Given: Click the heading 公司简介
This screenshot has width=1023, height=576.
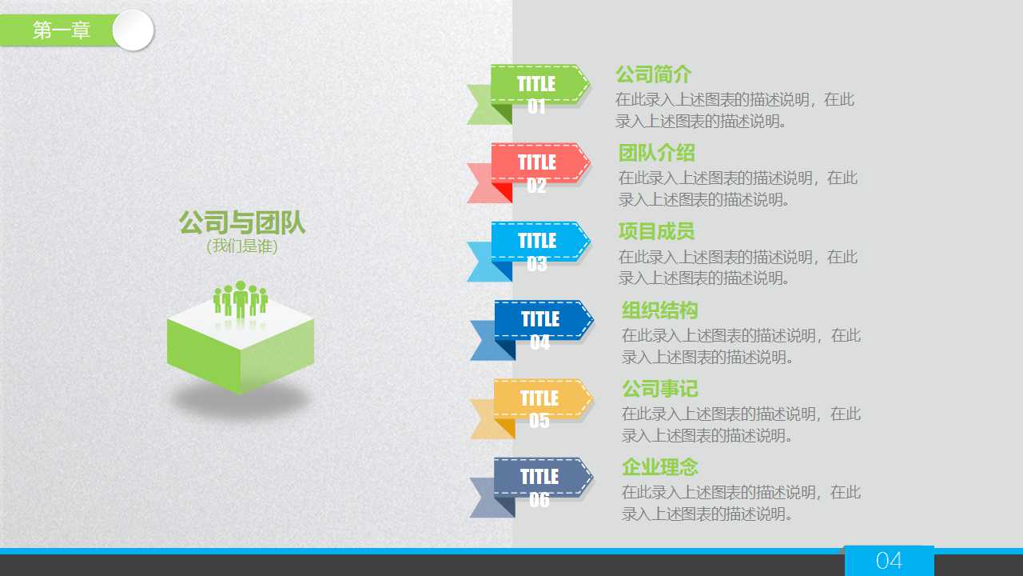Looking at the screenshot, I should pyautogui.click(x=653, y=74).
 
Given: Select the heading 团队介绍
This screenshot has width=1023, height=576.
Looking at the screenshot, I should pyautogui.click(x=656, y=153).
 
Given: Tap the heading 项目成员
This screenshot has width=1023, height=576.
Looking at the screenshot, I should pyautogui.click(x=656, y=231).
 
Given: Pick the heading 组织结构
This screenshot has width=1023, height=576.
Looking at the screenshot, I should pyautogui.click(x=659, y=310).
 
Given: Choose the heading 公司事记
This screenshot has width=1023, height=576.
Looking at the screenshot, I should pyautogui.click(x=659, y=389).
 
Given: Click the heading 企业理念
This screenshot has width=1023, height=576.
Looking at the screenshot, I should pyautogui.click(x=659, y=467).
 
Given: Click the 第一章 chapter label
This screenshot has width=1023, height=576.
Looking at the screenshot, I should pyautogui.click(x=62, y=30).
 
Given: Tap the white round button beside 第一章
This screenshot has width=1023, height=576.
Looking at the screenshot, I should pyautogui.click(x=133, y=30).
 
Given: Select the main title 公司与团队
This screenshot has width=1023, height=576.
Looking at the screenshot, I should pyautogui.click(x=241, y=223).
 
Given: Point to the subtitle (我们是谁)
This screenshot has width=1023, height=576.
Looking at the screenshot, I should pyautogui.click(x=241, y=246).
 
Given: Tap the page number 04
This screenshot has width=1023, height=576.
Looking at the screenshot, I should pyautogui.click(x=889, y=561).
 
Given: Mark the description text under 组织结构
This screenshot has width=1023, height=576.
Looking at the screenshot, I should pyautogui.click(x=741, y=346).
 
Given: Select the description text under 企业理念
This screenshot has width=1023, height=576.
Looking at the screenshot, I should pyautogui.click(x=741, y=503).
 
